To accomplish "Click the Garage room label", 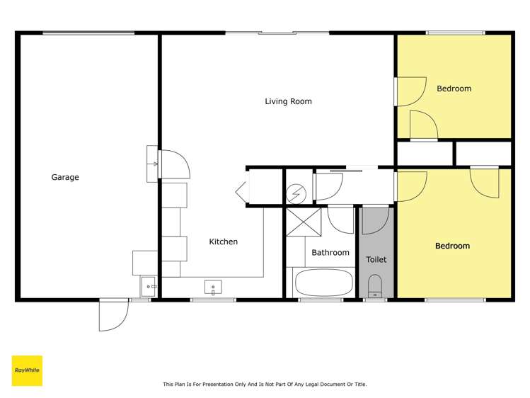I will pos(64,177).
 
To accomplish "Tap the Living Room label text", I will pos(288,101).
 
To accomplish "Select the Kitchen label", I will pos(223,241).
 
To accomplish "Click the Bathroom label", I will pos(330,252).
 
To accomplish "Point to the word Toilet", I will pos(376,259).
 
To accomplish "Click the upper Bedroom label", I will pos(454,89).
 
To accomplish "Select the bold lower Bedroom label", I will pos(452,246).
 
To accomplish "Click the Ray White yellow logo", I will pos(27,370).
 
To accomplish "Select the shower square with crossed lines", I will pos(305,222).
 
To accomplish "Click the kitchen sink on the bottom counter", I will pos(213,287).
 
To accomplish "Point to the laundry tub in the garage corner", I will pos(149,287).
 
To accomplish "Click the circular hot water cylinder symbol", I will pos(296,191).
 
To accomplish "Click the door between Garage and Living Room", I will pos(174,164).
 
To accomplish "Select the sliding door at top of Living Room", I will pos(277,32).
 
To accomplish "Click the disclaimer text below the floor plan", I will pos(265,385).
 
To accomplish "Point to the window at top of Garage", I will pos(88,33).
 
